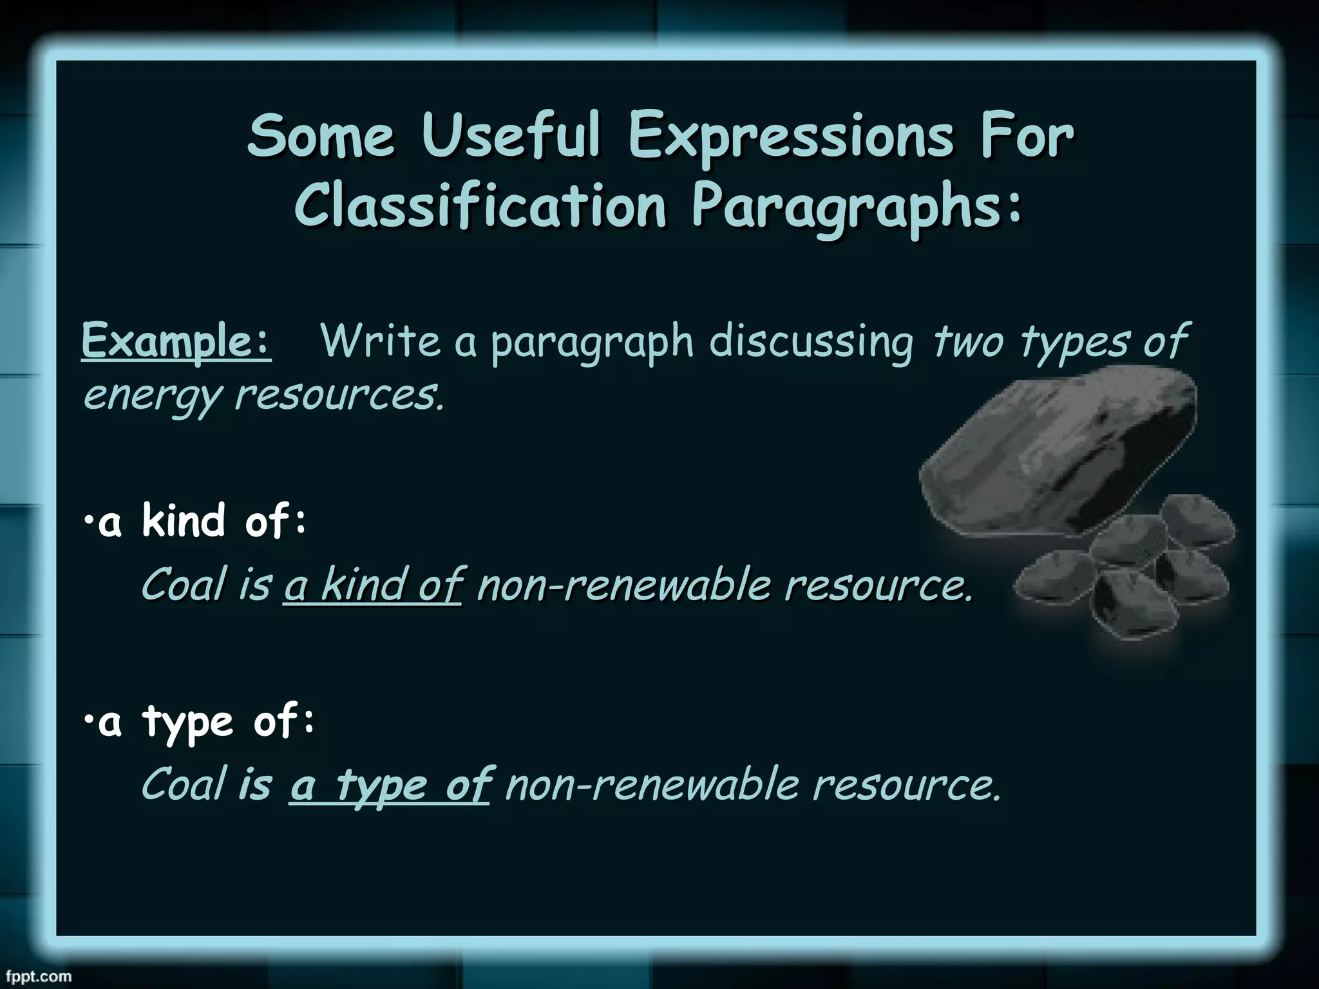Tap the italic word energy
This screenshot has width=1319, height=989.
(152, 396)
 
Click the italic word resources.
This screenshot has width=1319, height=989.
(339, 395)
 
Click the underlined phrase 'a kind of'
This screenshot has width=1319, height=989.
(373, 585)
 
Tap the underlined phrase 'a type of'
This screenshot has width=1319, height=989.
(390, 785)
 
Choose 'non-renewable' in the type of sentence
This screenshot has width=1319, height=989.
(651, 785)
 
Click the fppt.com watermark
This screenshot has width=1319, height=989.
(36, 976)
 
